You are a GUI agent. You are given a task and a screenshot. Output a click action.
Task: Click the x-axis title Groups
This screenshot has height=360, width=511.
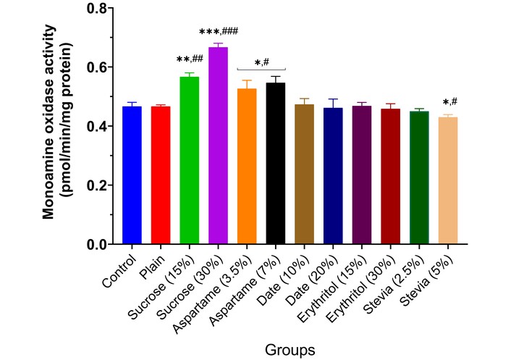click(290, 349)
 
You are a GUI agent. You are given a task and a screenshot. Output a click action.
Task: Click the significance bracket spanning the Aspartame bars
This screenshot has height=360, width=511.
click(261, 70)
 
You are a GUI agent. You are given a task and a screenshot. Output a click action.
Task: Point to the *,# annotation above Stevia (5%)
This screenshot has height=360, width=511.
click(447, 102)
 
